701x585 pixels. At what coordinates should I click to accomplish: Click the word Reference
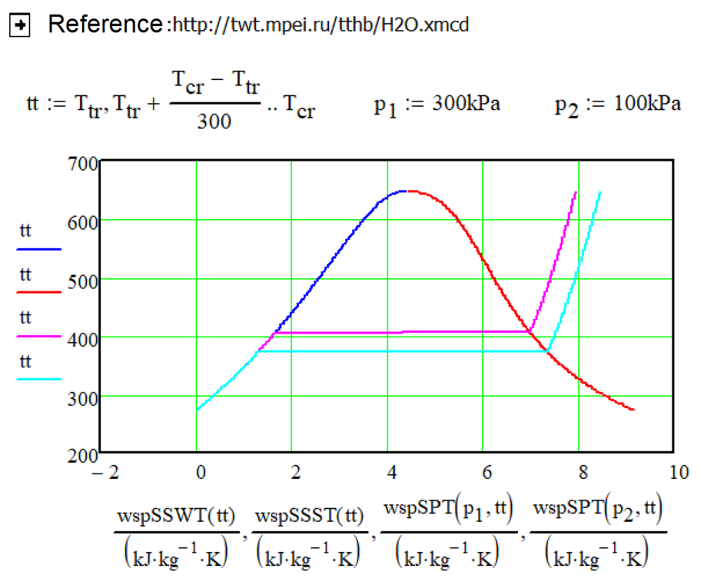pos(105,25)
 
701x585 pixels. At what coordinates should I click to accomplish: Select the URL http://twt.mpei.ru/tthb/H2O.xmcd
pos(320,26)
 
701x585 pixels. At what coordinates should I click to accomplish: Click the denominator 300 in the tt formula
pos(214,121)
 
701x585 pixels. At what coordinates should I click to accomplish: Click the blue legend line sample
pos(40,249)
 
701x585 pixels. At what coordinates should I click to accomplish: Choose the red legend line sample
pos(40,292)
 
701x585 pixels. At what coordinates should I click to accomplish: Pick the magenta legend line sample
pos(40,336)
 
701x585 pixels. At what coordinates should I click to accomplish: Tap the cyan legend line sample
pos(40,379)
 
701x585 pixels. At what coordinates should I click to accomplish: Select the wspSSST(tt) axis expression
pos(309,519)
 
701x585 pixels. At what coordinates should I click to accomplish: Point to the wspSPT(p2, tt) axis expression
pos(596,519)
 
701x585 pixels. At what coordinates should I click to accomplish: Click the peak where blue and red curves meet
pos(405,190)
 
